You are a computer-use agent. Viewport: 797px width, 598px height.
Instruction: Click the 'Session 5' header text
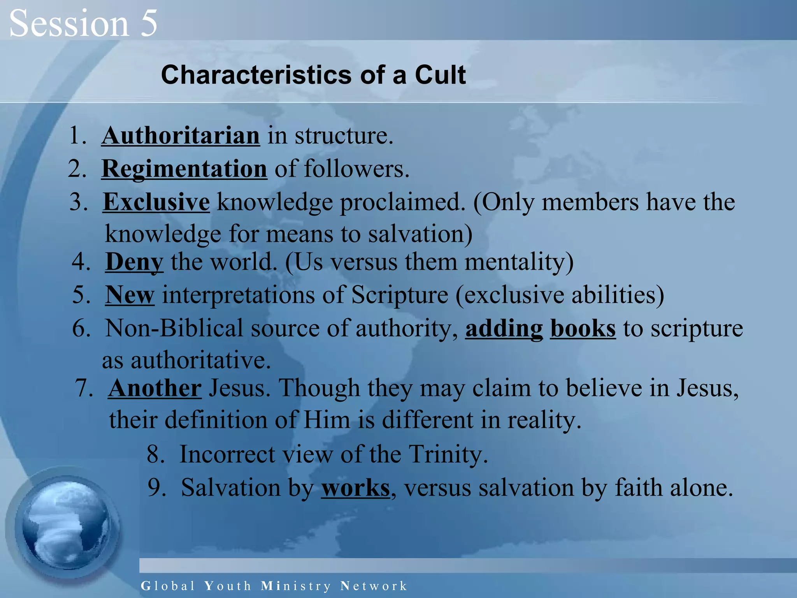tap(83, 23)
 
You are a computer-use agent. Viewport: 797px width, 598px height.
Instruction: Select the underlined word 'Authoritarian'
tap(181, 135)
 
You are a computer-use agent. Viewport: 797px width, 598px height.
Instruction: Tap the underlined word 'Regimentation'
tap(184, 169)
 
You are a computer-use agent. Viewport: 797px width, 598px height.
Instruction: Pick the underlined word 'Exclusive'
tap(156, 202)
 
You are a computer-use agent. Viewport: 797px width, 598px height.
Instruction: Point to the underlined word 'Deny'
tap(134, 262)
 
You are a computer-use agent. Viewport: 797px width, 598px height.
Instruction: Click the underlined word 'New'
tap(130, 295)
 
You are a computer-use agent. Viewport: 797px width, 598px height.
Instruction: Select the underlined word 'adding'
tap(504, 329)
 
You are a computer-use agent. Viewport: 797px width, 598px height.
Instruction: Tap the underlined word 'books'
tap(583, 329)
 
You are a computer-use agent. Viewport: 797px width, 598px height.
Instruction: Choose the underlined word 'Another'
tap(155, 388)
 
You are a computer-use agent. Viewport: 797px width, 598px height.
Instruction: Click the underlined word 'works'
tap(355, 488)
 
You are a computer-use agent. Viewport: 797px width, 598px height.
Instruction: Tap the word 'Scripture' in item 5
tap(400, 295)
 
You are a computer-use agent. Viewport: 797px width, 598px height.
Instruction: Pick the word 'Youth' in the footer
tap(228, 586)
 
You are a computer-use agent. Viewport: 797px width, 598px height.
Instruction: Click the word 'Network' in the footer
tap(374, 586)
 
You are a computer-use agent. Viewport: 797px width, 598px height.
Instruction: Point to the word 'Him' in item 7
tap(327, 420)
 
